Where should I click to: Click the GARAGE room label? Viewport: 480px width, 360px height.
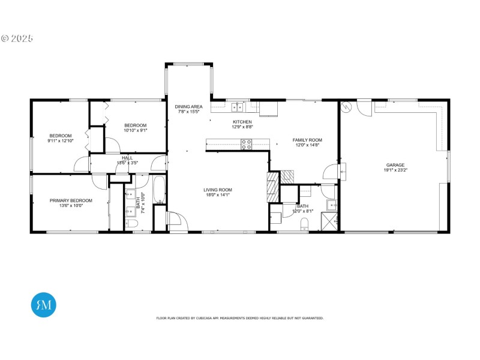[x=395, y=165]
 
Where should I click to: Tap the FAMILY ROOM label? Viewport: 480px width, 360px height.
[x=307, y=140]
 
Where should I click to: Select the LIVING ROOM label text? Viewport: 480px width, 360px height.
[x=217, y=190]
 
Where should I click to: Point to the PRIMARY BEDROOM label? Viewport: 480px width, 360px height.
[x=71, y=200]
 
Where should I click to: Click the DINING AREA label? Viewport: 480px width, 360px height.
[x=187, y=106]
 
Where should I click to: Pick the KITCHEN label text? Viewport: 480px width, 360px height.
[x=242, y=122]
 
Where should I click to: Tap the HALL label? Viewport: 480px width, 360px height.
[x=127, y=158]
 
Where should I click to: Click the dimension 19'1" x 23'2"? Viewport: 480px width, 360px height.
[x=395, y=170]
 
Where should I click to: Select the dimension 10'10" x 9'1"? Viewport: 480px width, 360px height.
[x=135, y=130]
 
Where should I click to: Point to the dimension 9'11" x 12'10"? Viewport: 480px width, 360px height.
[x=60, y=140]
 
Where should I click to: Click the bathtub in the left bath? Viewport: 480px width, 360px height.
[x=159, y=190]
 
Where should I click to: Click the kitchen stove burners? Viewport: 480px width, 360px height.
[x=246, y=144]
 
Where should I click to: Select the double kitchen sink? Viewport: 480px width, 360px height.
[x=238, y=107]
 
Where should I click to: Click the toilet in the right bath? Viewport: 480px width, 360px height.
[x=305, y=224]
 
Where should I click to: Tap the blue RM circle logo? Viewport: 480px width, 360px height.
[x=43, y=304]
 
